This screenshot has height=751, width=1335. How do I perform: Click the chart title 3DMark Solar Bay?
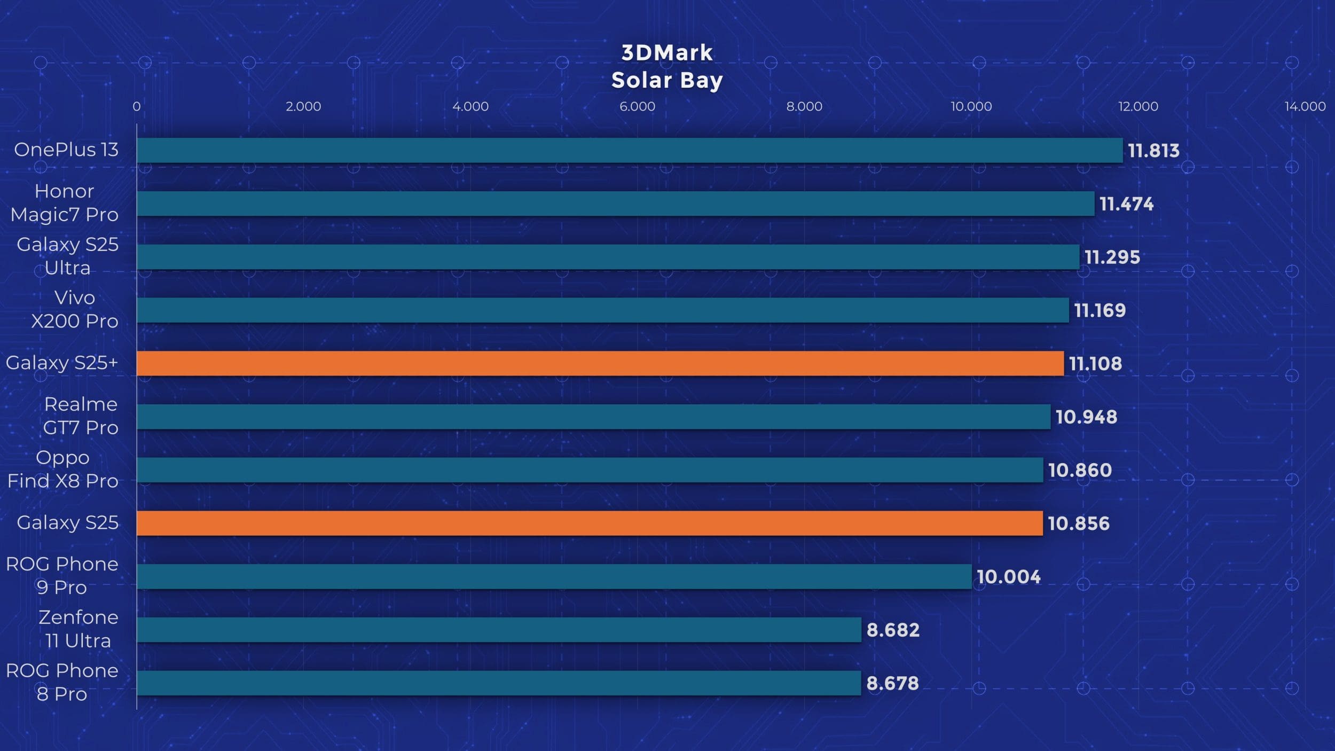point(667,67)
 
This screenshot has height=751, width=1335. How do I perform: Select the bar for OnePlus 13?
point(629,150)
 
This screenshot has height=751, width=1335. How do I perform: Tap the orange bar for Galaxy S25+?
point(600,363)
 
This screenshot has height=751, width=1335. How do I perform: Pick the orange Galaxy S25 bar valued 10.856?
point(589,523)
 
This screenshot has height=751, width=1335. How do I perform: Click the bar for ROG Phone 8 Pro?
point(498,683)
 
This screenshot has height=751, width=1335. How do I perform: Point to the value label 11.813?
point(1153,151)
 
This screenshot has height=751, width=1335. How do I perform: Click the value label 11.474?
point(1126,204)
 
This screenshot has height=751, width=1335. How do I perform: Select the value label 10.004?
point(1008,577)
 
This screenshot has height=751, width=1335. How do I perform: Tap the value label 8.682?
point(893,630)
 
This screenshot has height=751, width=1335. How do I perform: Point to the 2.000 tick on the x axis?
point(303,106)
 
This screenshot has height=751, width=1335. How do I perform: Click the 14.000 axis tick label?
point(1305,106)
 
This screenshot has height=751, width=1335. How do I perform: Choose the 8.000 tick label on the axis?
point(804,106)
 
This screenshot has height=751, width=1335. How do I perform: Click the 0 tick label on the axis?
point(137,106)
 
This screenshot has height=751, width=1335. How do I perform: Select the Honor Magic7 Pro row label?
point(64,203)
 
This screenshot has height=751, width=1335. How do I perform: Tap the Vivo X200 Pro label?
point(74,309)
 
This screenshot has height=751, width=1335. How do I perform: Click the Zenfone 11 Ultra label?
point(78,629)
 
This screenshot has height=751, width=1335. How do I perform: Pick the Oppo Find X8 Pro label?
point(62,469)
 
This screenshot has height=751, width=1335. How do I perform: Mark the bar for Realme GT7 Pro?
point(593,417)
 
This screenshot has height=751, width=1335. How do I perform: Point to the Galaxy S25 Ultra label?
point(67,256)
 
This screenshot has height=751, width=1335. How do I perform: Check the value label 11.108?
point(1095,364)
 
